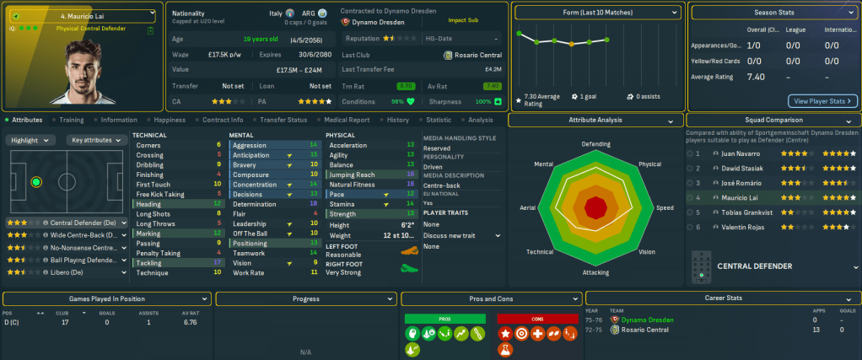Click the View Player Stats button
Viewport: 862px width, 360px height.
[x=822, y=101]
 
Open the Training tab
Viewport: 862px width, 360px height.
[x=71, y=120]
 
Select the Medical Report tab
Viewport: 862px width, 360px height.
[x=347, y=120]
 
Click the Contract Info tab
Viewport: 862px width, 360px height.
[x=223, y=120]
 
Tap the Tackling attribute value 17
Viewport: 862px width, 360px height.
[x=218, y=262]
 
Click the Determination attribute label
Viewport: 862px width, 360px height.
[x=254, y=204]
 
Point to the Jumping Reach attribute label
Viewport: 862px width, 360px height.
[x=352, y=175]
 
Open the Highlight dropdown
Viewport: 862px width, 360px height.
[x=33, y=140]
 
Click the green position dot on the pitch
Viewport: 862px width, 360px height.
[x=35, y=181]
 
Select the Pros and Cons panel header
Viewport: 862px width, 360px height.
[x=489, y=298]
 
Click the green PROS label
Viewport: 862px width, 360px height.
[x=445, y=319]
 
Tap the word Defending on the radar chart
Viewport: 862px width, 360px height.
[x=595, y=143]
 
